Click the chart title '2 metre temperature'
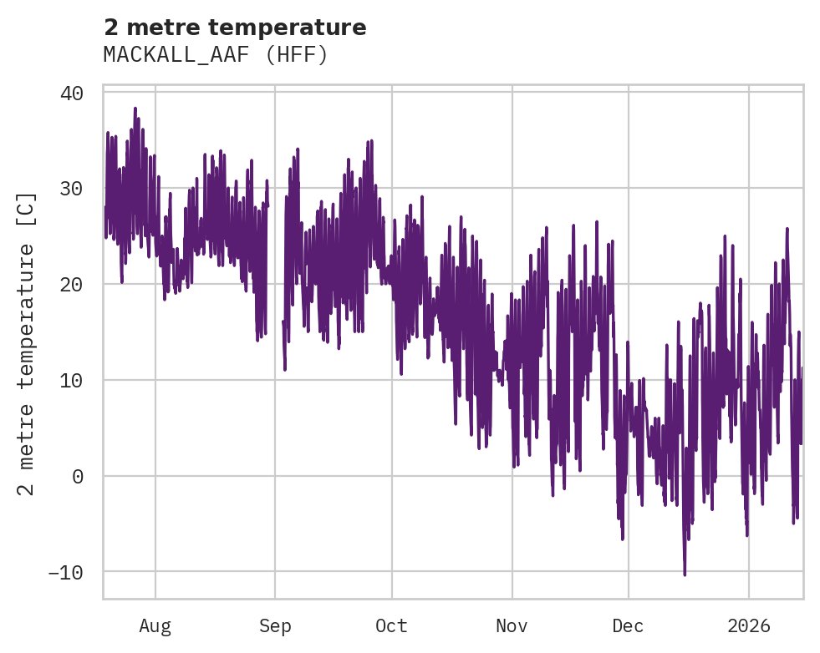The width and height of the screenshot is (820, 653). click(235, 28)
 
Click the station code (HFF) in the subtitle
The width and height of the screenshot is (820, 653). click(297, 55)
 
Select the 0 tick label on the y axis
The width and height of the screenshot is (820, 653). click(78, 477)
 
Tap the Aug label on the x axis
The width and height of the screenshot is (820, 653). click(155, 626)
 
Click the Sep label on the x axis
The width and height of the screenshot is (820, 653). click(275, 626)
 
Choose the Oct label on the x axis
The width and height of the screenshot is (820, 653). click(391, 626)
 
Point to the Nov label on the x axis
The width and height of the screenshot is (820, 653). click(512, 626)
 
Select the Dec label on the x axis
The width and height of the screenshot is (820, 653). click(628, 626)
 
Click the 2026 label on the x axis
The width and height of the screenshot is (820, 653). click(749, 626)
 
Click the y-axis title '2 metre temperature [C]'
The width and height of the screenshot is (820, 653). click(28, 343)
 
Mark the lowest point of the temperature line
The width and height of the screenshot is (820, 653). click(685, 575)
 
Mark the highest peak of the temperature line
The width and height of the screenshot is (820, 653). click(135, 109)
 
